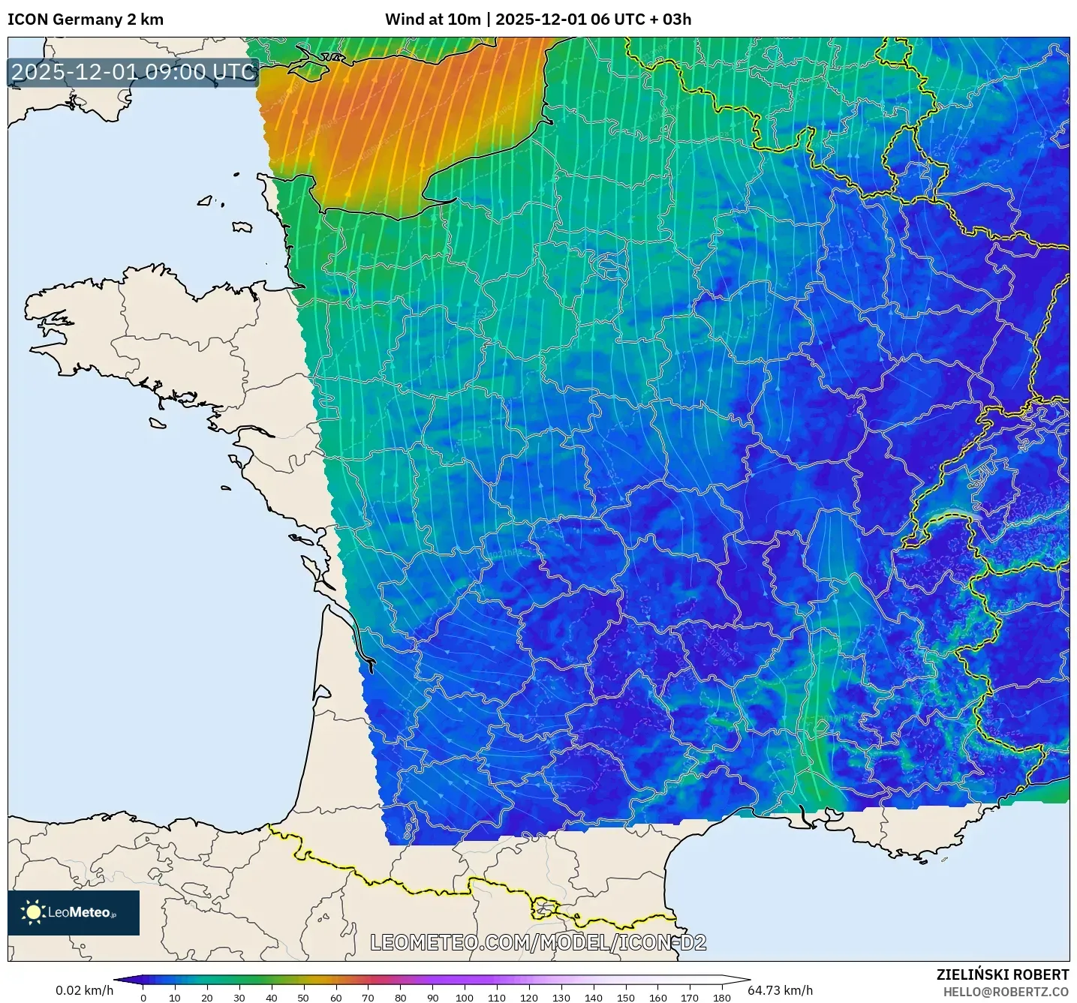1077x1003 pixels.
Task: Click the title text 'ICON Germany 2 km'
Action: [x=86, y=20]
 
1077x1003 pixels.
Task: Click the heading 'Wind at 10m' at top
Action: [x=432, y=20]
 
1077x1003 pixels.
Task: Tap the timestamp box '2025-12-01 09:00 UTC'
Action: [x=134, y=72]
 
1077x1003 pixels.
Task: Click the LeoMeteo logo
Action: [x=74, y=912]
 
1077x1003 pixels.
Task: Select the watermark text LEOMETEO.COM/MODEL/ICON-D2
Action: [x=538, y=942]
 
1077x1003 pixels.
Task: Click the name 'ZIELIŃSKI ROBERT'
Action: [x=1003, y=974]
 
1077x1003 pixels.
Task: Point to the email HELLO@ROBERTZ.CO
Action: [x=1006, y=992]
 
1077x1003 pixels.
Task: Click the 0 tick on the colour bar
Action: [x=143, y=998]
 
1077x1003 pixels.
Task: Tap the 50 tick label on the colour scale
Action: [x=303, y=998]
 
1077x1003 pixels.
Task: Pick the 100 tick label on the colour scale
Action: [x=465, y=998]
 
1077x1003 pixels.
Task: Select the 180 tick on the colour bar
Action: [x=722, y=998]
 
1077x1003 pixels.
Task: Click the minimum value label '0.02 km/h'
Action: [x=85, y=990]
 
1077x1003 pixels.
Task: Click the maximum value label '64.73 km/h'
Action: [x=781, y=990]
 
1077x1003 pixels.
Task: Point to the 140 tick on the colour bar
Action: [x=594, y=998]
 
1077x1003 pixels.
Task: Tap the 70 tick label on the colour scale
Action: [x=368, y=998]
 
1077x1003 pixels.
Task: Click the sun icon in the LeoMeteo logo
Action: [x=33, y=912]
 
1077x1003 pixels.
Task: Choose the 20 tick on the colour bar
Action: [x=207, y=998]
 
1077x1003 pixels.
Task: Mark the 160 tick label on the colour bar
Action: [x=657, y=998]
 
